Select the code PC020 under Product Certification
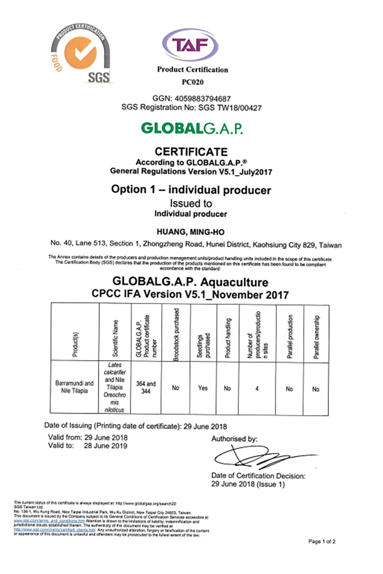(192, 81)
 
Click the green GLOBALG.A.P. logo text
(191, 129)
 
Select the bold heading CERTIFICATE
(192, 152)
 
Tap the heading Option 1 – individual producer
(191, 190)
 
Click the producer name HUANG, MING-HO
(191, 232)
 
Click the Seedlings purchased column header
(203, 333)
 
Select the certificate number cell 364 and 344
(146, 388)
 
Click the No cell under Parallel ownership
(315, 389)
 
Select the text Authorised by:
(235, 439)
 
